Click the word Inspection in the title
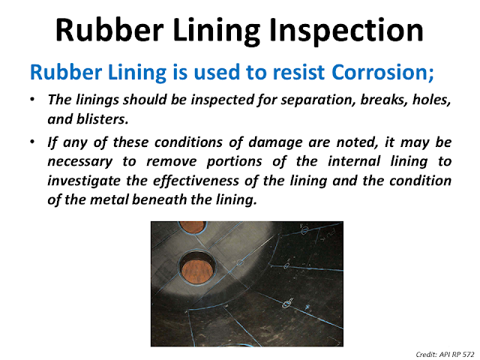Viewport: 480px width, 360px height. click(x=340, y=31)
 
